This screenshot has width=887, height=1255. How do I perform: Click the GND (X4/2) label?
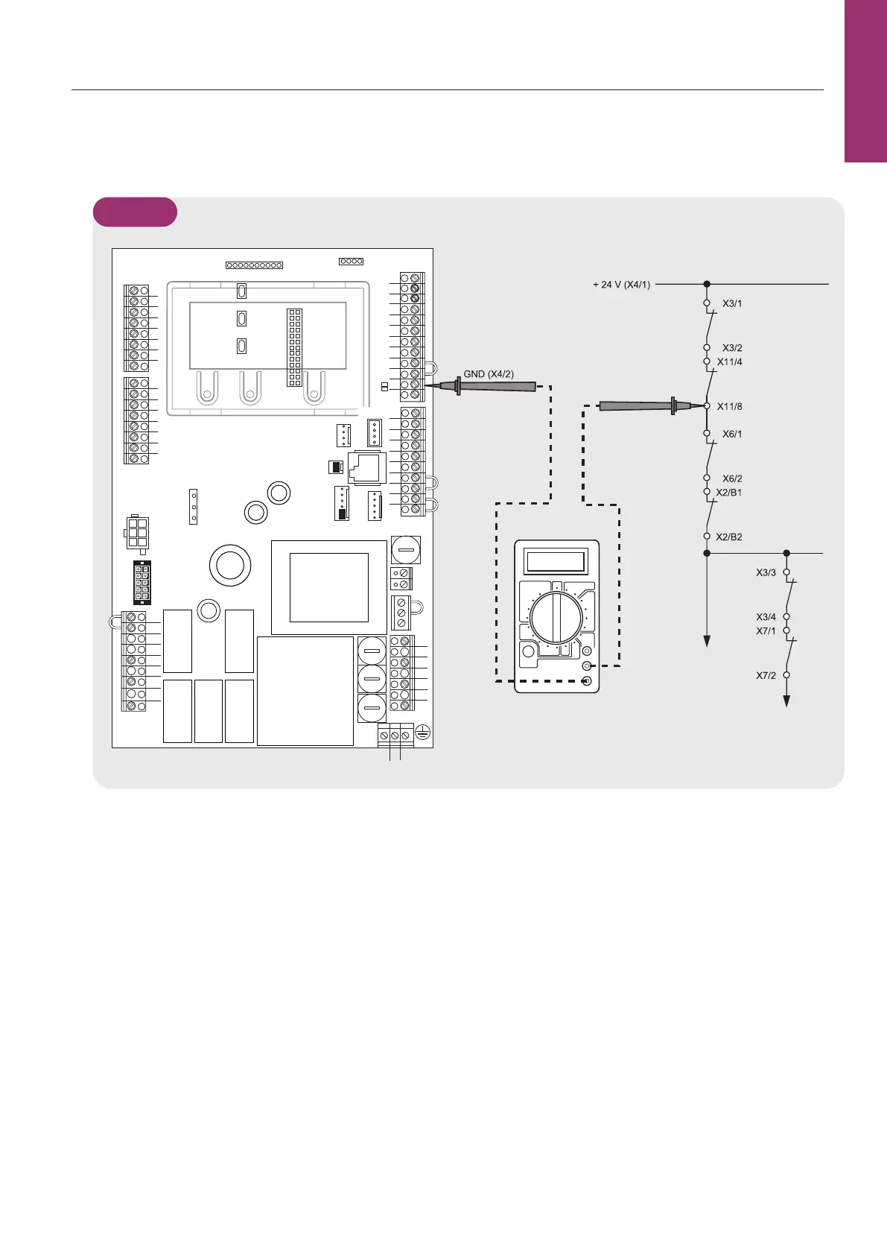(x=489, y=374)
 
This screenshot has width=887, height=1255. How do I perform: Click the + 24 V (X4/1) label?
(x=621, y=285)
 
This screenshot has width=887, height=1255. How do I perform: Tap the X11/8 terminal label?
(x=729, y=406)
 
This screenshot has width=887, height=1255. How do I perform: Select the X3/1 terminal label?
(x=732, y=303)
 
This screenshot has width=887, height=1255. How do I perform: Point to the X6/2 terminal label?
(x=732, y=478)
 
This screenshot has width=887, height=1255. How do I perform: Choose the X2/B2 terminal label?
(x=729, y=537)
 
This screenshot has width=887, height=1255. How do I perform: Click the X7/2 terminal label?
(x=766, y=675)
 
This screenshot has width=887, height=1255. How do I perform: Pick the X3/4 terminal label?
(x=766, y=617)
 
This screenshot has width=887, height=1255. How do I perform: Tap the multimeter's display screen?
(x=555, y=562)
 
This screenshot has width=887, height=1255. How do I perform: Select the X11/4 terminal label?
(x=729, y=361)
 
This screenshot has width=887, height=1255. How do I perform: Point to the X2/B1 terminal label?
(x=729, y=493)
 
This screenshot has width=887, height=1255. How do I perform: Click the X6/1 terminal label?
(x=732, y=434)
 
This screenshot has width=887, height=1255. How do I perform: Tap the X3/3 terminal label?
(x=766, y=572)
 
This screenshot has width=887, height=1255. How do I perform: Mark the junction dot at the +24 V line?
(x=707, y=284)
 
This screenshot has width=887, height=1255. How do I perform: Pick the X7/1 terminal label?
(x=766, y=630)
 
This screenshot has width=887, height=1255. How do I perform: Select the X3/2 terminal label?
(x=732, y=348)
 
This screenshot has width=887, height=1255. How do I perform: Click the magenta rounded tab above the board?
(x=135, y=212)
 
